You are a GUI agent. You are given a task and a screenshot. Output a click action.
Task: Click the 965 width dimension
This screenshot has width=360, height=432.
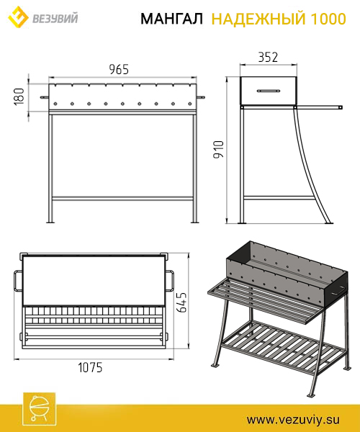point(119,69)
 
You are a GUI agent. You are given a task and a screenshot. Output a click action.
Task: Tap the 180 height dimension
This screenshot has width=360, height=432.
point(19,96)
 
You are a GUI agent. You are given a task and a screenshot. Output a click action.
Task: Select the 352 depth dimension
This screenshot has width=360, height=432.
point(268,57)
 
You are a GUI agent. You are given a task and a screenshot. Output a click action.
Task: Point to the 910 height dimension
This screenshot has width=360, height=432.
point(219,149)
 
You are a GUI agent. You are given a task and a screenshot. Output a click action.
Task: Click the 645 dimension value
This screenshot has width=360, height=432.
point(181,302)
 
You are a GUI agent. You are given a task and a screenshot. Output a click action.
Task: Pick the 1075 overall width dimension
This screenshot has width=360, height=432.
point(90,367)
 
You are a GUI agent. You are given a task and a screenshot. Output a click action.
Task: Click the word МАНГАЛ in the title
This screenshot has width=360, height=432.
point(172,19)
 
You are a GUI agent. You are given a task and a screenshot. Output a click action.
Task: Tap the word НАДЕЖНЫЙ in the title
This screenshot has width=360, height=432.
point(258,19)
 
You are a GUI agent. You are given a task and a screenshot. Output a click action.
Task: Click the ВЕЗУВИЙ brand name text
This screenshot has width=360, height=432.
point(55,19)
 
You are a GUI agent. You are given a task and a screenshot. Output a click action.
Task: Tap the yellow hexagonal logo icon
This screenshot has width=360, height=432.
point(18,17)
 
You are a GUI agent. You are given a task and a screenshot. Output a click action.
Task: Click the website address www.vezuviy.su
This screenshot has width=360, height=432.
point(293,420)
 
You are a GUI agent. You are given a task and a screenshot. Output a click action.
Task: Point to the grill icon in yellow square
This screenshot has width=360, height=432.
point(40,408)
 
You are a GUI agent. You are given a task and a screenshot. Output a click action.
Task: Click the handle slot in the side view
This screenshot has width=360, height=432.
point(269,91)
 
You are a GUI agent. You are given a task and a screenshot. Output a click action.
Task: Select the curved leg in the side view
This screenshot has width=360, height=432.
point(310,166)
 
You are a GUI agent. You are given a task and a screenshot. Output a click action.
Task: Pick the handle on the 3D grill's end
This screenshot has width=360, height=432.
point(338,291)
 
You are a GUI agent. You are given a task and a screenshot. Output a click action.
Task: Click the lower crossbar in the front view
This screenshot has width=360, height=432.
point(122,199)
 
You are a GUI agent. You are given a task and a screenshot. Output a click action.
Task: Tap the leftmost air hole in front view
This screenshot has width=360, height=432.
point(55,104)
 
